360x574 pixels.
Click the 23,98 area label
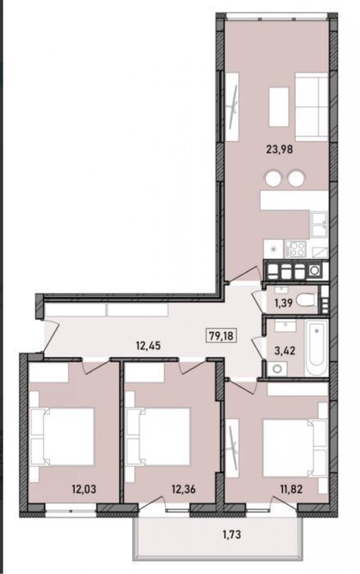[280, 149]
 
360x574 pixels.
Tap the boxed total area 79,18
[221, 335]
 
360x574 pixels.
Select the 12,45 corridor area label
[148, 345]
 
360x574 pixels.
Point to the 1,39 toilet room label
[283, 303]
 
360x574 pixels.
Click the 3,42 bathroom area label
[285, 350]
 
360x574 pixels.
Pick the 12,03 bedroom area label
[84, 489]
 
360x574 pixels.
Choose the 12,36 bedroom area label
[184, 489]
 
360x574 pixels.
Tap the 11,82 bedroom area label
[289, 489]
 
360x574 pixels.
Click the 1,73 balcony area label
[232, 535]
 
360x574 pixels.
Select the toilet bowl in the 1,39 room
[306, 300]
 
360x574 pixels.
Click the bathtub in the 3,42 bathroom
[316, 348]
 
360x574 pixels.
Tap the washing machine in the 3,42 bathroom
[277, 369]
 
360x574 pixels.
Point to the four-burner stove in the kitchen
[295, 249]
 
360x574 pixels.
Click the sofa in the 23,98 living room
[312, 107]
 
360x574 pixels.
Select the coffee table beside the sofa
[279, 107]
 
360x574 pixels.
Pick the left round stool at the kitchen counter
[274, 179]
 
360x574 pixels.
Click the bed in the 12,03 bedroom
[62, 437]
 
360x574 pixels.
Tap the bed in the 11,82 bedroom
[295, 449]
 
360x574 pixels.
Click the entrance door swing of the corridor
[52, 335]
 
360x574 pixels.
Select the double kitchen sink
[319, 224]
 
